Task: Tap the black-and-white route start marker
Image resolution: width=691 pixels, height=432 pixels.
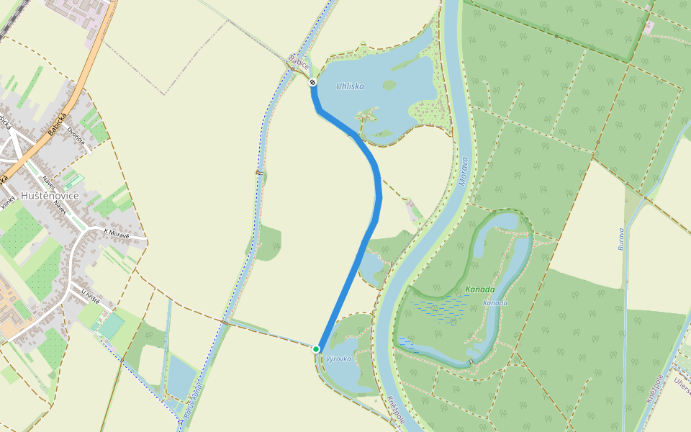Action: (x=313, y=82)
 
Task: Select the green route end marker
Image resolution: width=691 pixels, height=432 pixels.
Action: (x=316, y=349)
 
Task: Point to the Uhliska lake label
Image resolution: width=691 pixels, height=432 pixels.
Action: (x=350, y=86)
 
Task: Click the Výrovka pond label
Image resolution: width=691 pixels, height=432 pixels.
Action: (x=338, y=359)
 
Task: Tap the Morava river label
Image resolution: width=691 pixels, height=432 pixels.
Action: (x=464, y=172)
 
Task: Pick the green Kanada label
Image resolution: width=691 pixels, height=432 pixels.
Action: (x=479, y=290)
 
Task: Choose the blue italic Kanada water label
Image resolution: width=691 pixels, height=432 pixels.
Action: (x=495, y=303)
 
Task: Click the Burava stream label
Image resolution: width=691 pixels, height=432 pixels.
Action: (x=621, y=238)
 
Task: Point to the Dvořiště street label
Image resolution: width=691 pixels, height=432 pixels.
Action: (x=76, y=135)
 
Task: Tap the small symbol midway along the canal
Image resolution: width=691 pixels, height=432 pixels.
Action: (x=258, y=172)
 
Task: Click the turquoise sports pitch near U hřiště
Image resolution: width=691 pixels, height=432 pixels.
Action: (x=111, y=326)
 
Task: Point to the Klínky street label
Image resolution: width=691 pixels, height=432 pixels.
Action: (x=8, y=204)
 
